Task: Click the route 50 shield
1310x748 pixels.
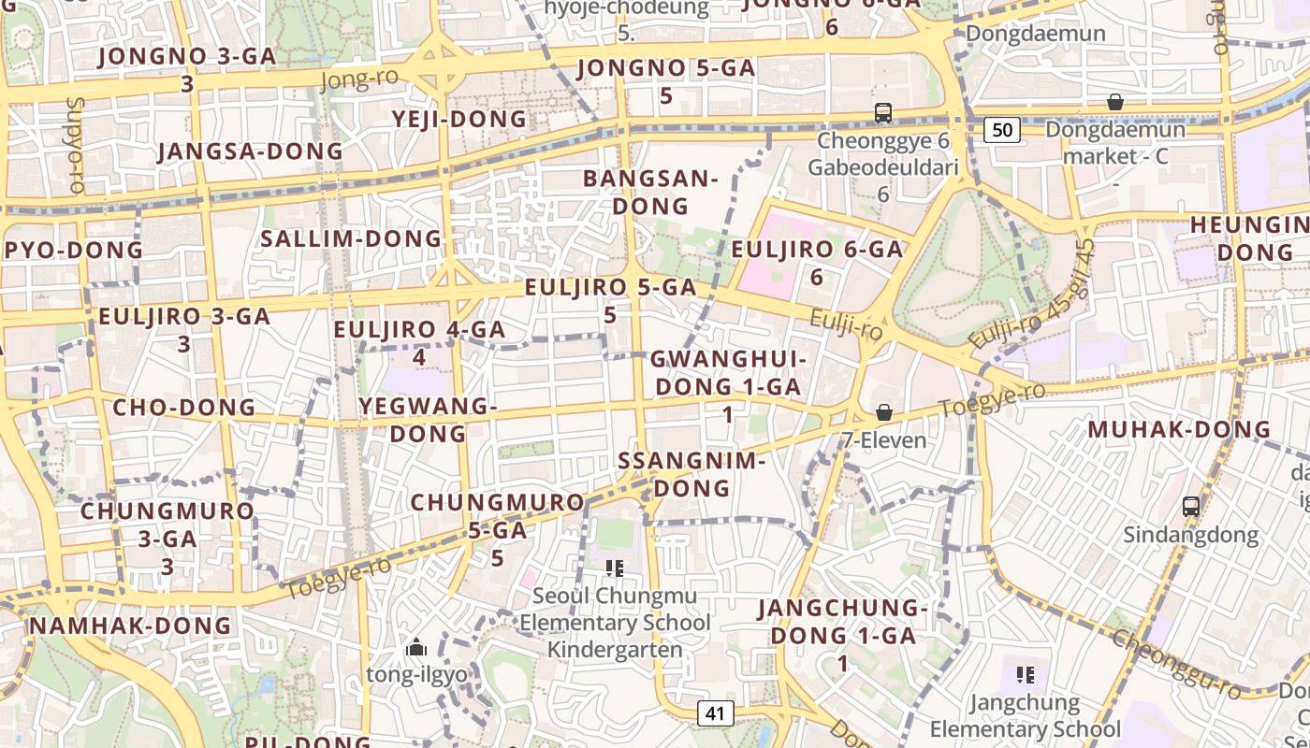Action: (x=1001, y=130)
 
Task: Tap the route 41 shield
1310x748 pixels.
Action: (x=715, y=713)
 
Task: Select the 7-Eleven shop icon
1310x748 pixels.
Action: (x=883, y=412)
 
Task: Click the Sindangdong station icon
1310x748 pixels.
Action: (x=1190, y=507)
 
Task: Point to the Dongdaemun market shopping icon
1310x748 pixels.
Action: (x=1114, y=101)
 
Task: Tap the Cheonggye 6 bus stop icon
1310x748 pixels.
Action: (x=882, y=113)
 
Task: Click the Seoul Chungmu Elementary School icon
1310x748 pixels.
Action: (x=615, y=568)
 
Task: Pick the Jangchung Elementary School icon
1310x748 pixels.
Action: (x=1025, y=674)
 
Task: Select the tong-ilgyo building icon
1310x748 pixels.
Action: (x=416, y=647)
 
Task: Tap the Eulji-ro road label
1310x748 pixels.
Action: (x=846, y=326)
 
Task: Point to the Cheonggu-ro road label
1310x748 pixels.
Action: (x=1176, y=664)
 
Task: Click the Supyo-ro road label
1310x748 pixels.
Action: (x=76, y=144)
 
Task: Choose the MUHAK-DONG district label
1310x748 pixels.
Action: (x=1179, y=430)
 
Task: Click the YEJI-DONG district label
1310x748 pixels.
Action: (x=459, y=120)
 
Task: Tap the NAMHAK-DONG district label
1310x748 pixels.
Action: (x=130, y=626)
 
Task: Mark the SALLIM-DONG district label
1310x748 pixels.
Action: (x=351, y=238)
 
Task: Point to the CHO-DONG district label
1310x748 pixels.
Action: (x=183, y=408)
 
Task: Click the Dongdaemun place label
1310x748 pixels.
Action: (x=1036, y=34)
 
